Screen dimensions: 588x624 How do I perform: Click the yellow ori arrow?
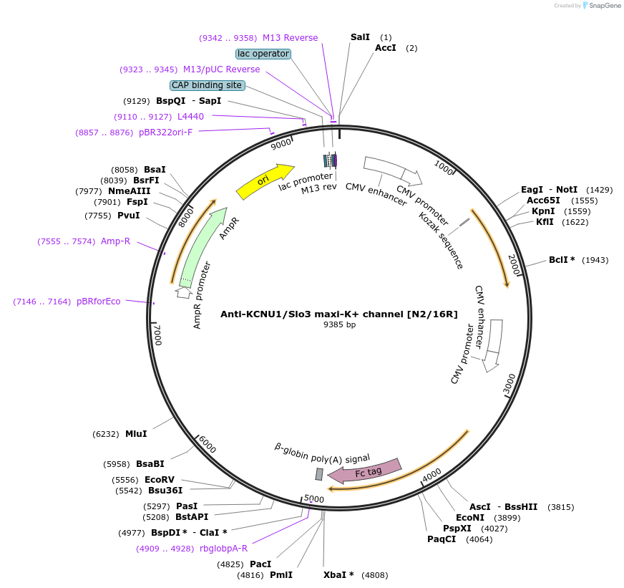(264, 182)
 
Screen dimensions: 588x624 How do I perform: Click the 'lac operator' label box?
(263, 54)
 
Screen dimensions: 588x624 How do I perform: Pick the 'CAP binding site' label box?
(207, 85)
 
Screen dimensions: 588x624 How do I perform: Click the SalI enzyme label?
(361, 37)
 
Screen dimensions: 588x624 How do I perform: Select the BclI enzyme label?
(562, 259)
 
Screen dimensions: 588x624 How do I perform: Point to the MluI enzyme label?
(136, 433)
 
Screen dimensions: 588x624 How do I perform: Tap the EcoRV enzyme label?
(160, 479)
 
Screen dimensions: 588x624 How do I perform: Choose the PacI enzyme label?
(260, 564)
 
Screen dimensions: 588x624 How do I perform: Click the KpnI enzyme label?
(543, 211)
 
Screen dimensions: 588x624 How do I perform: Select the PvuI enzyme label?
(128, 216)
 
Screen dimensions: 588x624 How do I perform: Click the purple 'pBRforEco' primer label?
(99, 302)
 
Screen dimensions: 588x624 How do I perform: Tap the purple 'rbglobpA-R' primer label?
(223, 549)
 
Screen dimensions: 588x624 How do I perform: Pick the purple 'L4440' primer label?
(190, 116)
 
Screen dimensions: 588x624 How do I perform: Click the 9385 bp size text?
(339, 324)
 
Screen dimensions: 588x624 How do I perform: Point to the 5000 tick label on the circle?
(314, 498)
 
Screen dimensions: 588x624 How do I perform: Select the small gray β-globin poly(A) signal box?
(319, 473)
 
